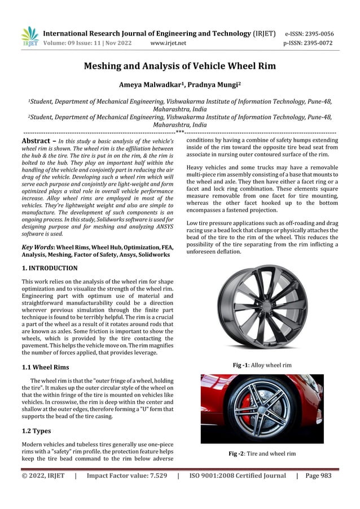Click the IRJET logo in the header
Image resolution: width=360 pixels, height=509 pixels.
(x=29, y=37)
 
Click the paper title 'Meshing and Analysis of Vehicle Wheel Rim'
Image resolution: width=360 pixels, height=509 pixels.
(x=179, y=67)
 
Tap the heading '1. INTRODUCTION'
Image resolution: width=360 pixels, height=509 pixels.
(x=50, y=268)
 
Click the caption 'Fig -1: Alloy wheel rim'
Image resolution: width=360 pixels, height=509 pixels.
(x=262, y=365)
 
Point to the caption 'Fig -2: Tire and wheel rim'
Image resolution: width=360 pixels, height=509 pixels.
(x=262, y=454)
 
